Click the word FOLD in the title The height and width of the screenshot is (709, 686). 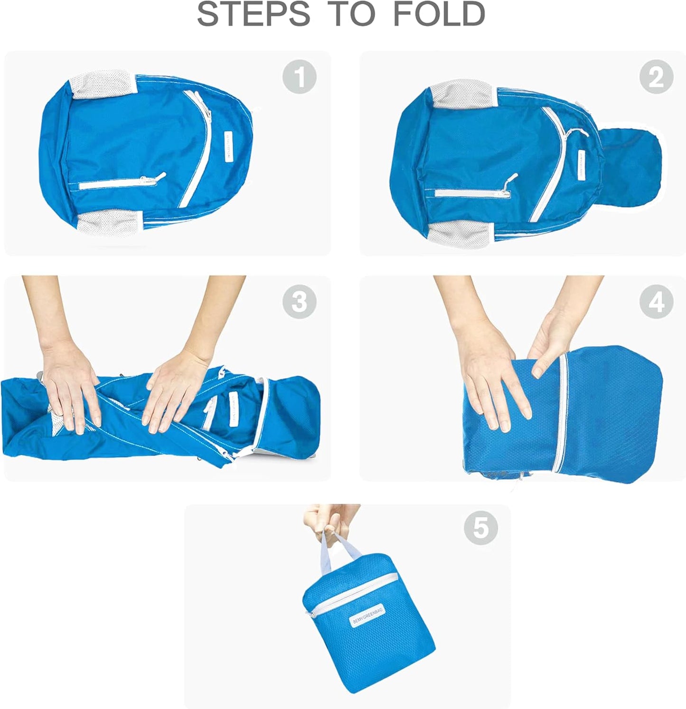(439, 14)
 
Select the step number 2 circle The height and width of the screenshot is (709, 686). (656, 77)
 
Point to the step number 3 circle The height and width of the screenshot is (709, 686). (299, 302)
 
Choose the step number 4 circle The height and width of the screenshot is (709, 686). (656, 302)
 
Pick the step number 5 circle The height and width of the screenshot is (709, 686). (480, 528)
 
